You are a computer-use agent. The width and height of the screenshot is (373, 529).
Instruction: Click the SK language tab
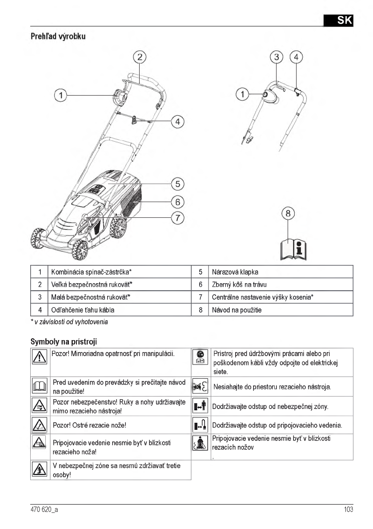point(338,20)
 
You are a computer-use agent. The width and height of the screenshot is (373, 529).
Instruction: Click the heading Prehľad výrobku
point(58,36)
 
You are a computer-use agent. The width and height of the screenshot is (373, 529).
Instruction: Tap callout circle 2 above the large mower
point(140,57)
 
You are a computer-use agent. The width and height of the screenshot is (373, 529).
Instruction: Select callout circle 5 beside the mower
point(177,183)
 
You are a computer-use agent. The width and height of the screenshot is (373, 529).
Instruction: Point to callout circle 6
point(177,201)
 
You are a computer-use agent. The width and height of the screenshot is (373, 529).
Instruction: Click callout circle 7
point(177,218)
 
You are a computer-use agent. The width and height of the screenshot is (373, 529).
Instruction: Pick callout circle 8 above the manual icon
point(288,214)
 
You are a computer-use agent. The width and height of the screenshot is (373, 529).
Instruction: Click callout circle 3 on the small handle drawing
point(277,57)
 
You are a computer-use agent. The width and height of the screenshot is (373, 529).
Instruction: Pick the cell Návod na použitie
point(237,310)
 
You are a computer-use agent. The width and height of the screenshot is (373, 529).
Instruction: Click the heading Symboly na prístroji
point(64,342)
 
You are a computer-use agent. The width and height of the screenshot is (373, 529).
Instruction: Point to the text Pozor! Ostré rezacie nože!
point(89,425)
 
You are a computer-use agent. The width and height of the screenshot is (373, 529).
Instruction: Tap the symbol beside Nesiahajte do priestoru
point(201,386)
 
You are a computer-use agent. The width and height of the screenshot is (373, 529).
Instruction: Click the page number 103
point(348,509)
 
